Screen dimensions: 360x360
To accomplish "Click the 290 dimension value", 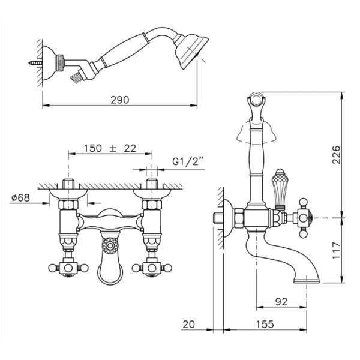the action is [120, 100].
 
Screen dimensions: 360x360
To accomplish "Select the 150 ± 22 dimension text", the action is [110, 148].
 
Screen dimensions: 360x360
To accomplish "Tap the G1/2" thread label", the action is [188, 161].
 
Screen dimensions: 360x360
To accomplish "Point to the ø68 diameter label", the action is [20, 197].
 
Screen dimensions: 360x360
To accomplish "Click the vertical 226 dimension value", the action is [337, 154].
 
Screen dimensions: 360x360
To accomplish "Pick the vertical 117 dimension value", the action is [337, 250].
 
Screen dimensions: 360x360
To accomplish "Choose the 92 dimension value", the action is [281, 302].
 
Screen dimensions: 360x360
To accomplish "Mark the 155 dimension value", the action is [265, 324].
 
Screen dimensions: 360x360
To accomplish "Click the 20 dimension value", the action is [189, 324].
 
